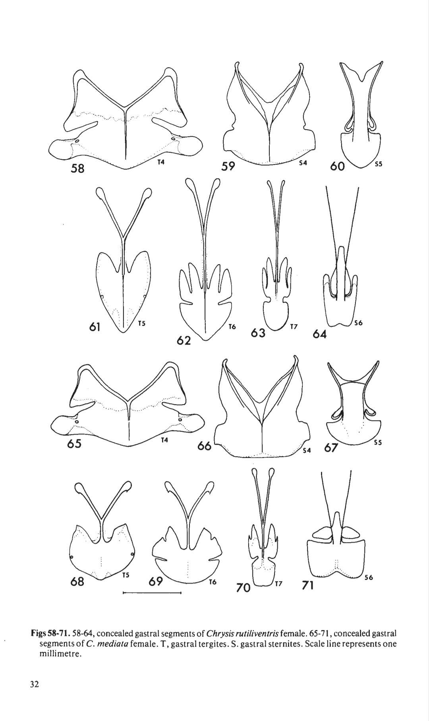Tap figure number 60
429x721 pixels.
tap(337, 166)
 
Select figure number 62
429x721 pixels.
tap(184, 341)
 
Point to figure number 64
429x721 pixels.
tap(319, 334)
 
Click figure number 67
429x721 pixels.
tap(331, 448)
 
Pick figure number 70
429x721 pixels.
tap(243, 587)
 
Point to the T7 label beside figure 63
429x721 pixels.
tap(294, 327)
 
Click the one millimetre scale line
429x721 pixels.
tap(152, 593)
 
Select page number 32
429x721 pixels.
tap(34, 684)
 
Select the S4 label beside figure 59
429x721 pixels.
tap(303, 163)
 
